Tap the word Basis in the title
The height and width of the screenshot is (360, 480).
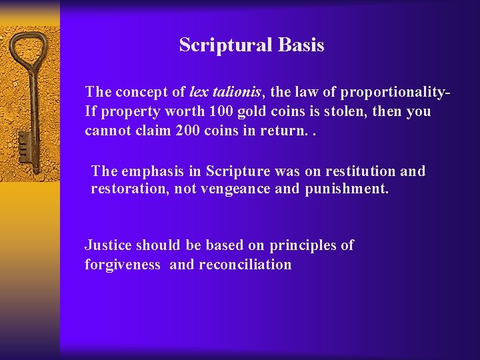[301, 45]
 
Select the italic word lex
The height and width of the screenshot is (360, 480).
[199, 92]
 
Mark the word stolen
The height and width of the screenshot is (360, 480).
[341, 111]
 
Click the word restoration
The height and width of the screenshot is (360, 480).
[129, 189]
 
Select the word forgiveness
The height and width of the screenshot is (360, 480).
[123, 265]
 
